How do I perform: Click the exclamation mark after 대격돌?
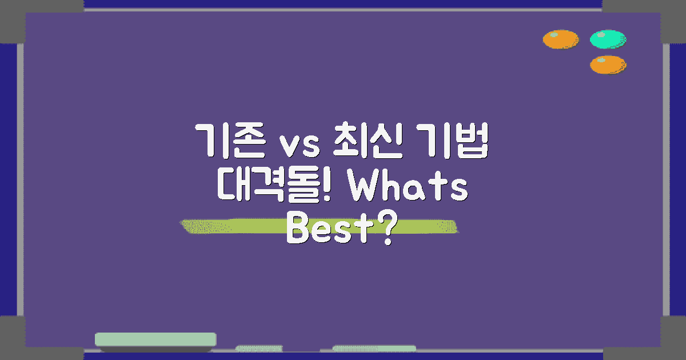328,188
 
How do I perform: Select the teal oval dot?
608,39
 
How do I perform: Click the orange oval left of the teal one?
560,39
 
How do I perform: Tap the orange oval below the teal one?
608,65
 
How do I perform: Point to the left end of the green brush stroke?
186,226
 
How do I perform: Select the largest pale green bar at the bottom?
155,339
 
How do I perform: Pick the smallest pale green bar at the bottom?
259,348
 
